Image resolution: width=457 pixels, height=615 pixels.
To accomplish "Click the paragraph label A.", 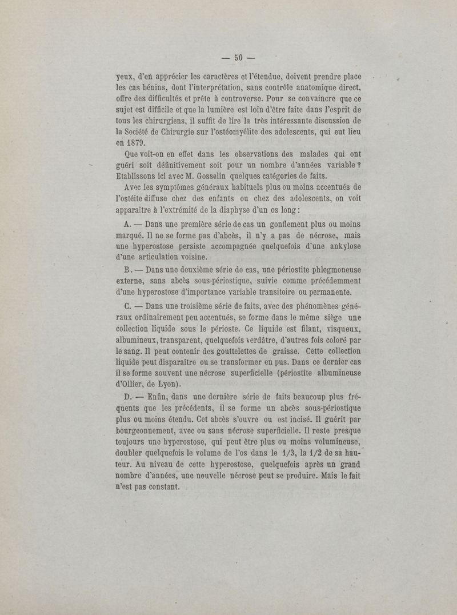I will (127, 225).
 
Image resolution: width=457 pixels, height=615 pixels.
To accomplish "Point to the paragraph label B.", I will (127, 270).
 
